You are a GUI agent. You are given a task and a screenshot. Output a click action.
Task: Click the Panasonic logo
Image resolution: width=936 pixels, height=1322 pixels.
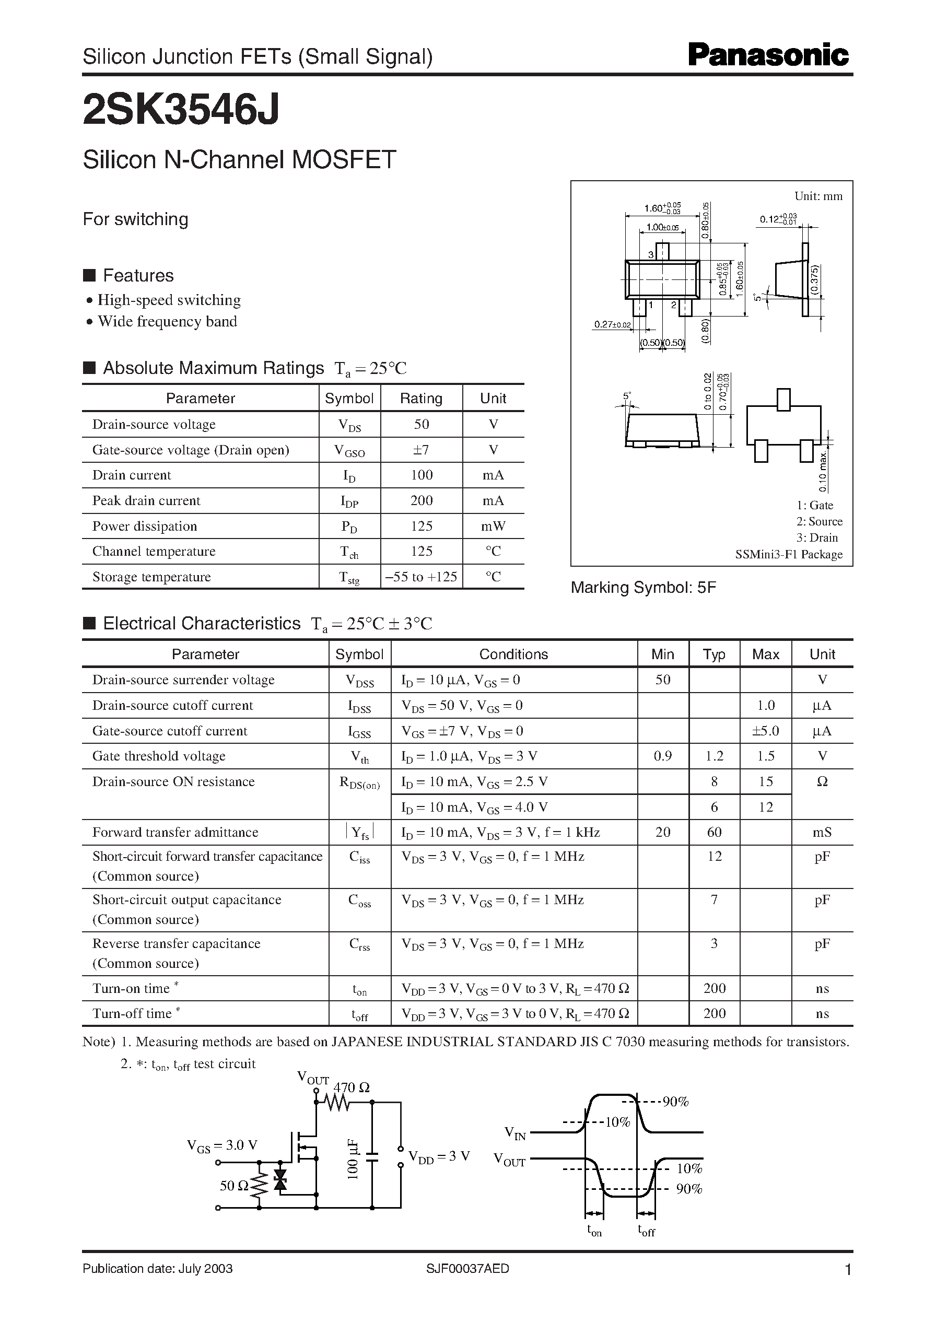pyautogui.click(x=768, y=55)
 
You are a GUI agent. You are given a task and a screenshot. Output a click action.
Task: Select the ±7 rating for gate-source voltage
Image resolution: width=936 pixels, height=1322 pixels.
pyautogui.click(x=422, y=450)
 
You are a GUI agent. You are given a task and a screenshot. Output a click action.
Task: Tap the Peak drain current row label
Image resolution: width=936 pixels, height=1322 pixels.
pyautogui.click(x=146, y=500)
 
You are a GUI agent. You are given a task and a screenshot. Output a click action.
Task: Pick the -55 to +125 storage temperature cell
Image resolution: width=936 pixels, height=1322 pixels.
pyautogui.click(x=422, y=576)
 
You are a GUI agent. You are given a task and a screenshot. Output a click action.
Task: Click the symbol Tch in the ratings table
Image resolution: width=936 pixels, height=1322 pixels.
pyautogui.click(x=349, y=552)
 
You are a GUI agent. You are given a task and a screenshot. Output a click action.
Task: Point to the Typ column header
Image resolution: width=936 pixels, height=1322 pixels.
pyautogui.click(x=713, y=654)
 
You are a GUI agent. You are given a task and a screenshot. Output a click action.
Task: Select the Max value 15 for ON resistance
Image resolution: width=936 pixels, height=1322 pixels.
pyautogui.click(x=765, y=781)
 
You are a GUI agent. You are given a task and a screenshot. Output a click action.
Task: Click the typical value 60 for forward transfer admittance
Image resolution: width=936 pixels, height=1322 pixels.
pyautogui.click(x=713, y=832)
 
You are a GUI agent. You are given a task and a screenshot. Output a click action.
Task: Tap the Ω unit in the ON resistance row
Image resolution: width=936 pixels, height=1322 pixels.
pyautogui.click(x=822, y=782)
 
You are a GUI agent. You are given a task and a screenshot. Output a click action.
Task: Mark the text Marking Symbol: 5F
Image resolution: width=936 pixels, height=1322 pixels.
pyautogui.click(x=643, y=587)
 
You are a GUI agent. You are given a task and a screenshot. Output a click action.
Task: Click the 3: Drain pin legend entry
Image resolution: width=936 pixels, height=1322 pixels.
pyautogui.click(x=817, y=537)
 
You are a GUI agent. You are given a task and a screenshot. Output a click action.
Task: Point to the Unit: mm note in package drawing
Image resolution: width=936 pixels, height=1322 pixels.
pyautogui.click(x=818, y=196)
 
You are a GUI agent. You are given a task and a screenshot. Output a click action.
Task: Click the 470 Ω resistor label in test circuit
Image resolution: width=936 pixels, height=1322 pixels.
pyautogui.click(x=351, y=1087)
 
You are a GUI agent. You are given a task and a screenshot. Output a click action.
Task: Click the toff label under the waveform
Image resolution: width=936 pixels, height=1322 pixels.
pyautogui.click(x=646, y=1230)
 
